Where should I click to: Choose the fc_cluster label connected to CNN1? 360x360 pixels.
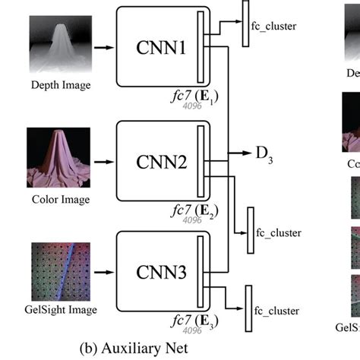(x=276, y=26)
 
